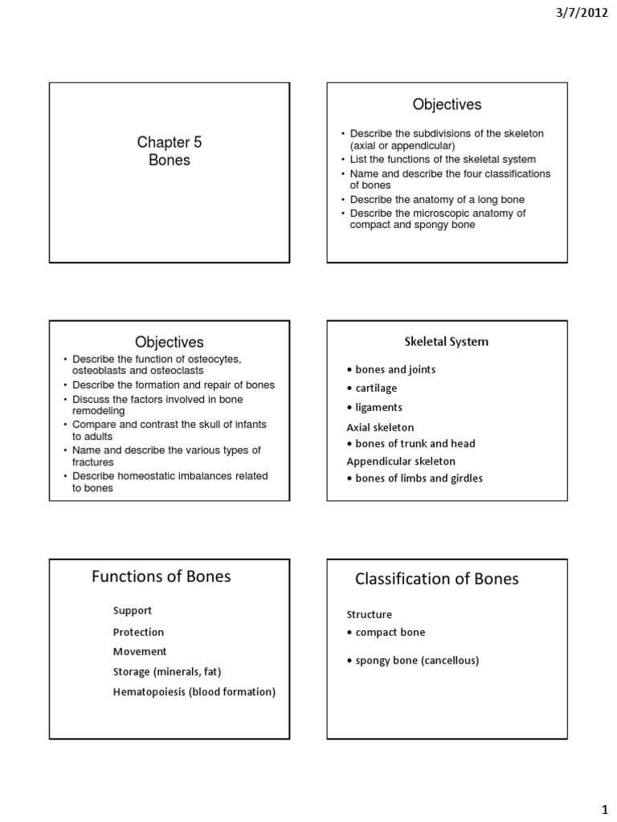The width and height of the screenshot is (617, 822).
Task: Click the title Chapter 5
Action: coord(169,143)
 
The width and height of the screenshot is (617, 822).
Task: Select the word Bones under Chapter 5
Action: coord(169,160)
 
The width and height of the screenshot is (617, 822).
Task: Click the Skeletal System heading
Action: coord(446,341)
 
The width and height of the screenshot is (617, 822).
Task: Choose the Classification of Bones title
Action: coord(437,578)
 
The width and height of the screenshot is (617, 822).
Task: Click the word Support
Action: coord(132,611)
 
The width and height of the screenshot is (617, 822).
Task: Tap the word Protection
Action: coord(138,632)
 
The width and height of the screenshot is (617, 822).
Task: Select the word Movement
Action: coord(139,651)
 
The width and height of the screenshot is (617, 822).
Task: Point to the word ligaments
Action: coord(378,408)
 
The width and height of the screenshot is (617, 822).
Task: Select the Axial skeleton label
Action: coord(380,427)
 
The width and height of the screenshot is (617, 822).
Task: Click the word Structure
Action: coord(369,614)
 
